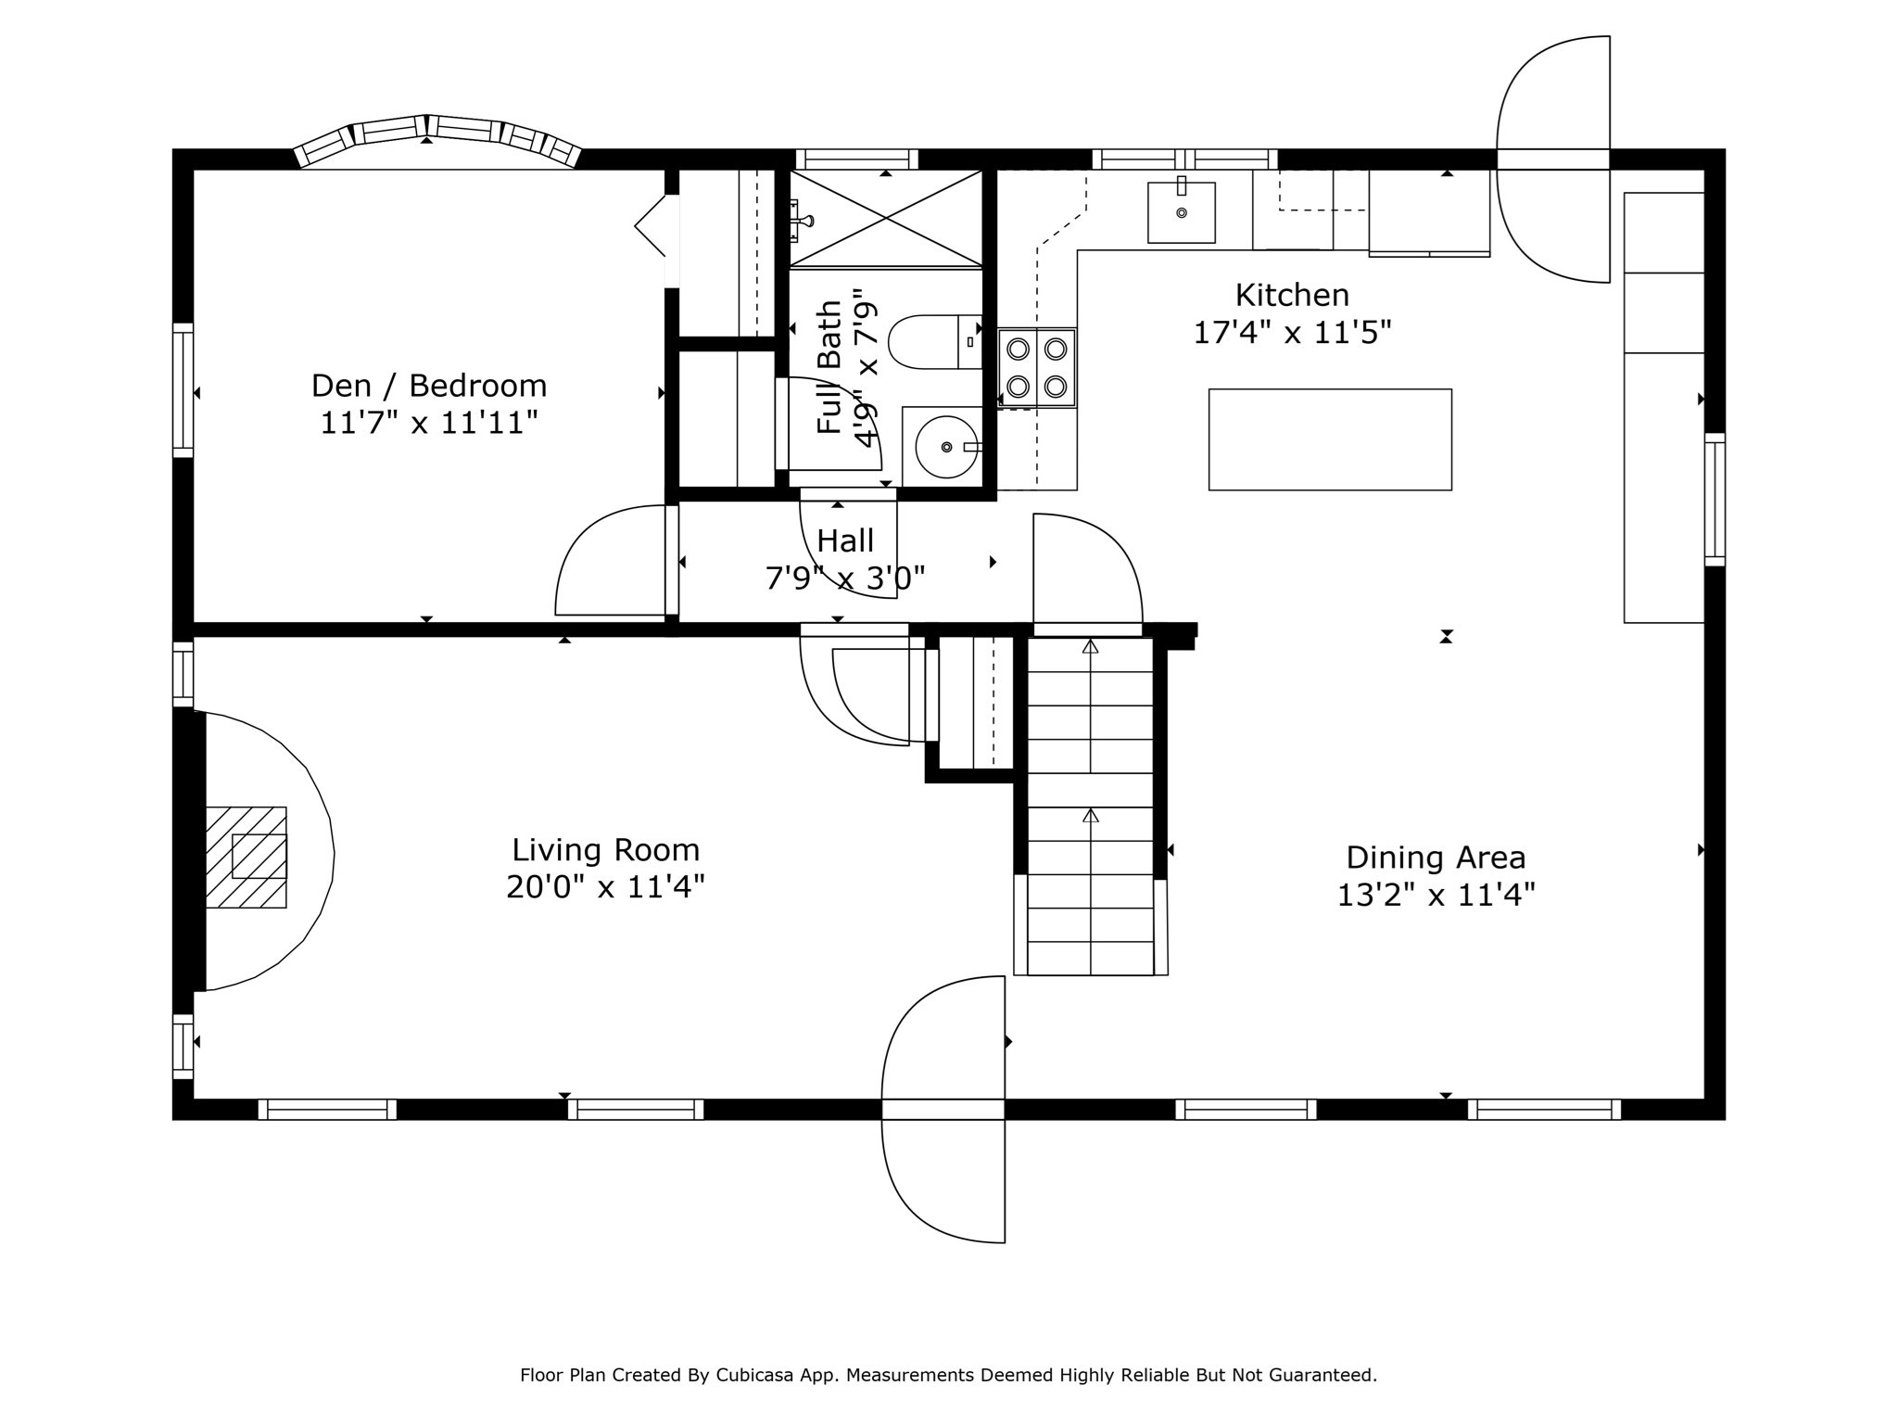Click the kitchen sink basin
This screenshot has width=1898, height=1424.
1181,212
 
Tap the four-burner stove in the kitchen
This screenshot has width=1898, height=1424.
1037,367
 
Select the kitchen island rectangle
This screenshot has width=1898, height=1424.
1330,439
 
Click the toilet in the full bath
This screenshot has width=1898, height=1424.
935,341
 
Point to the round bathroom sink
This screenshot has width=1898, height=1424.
945,447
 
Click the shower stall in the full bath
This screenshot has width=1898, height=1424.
886,220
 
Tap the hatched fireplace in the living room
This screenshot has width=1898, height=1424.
246,857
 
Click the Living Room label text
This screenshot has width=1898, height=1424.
606,850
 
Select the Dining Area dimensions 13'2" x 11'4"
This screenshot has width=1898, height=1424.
1436,896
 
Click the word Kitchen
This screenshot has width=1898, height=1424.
1292,295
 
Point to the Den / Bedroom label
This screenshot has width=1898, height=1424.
429,385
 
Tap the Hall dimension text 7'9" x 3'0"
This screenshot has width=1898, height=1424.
845,578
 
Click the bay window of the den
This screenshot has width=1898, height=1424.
437,140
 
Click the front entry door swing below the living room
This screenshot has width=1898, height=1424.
943,1109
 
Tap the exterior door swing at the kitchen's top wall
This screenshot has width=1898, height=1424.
1553,159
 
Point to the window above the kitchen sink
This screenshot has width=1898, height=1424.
1184,159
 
